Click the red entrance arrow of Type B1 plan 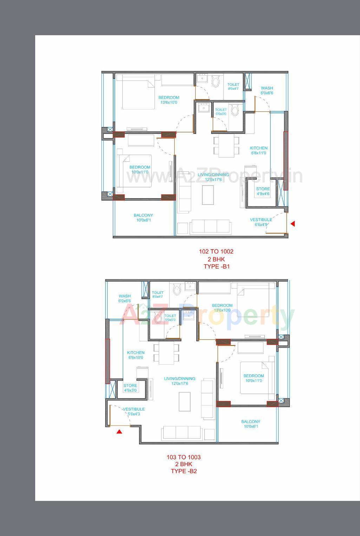coord(293,224)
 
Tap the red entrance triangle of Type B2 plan coord(119,432)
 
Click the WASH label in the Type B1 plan coord(267,88)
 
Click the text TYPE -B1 coord(216,266)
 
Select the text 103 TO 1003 coord(183,457)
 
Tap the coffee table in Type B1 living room coord(208,194)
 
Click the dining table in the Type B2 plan coord(166,353)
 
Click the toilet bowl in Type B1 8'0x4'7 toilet coord(215,82)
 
